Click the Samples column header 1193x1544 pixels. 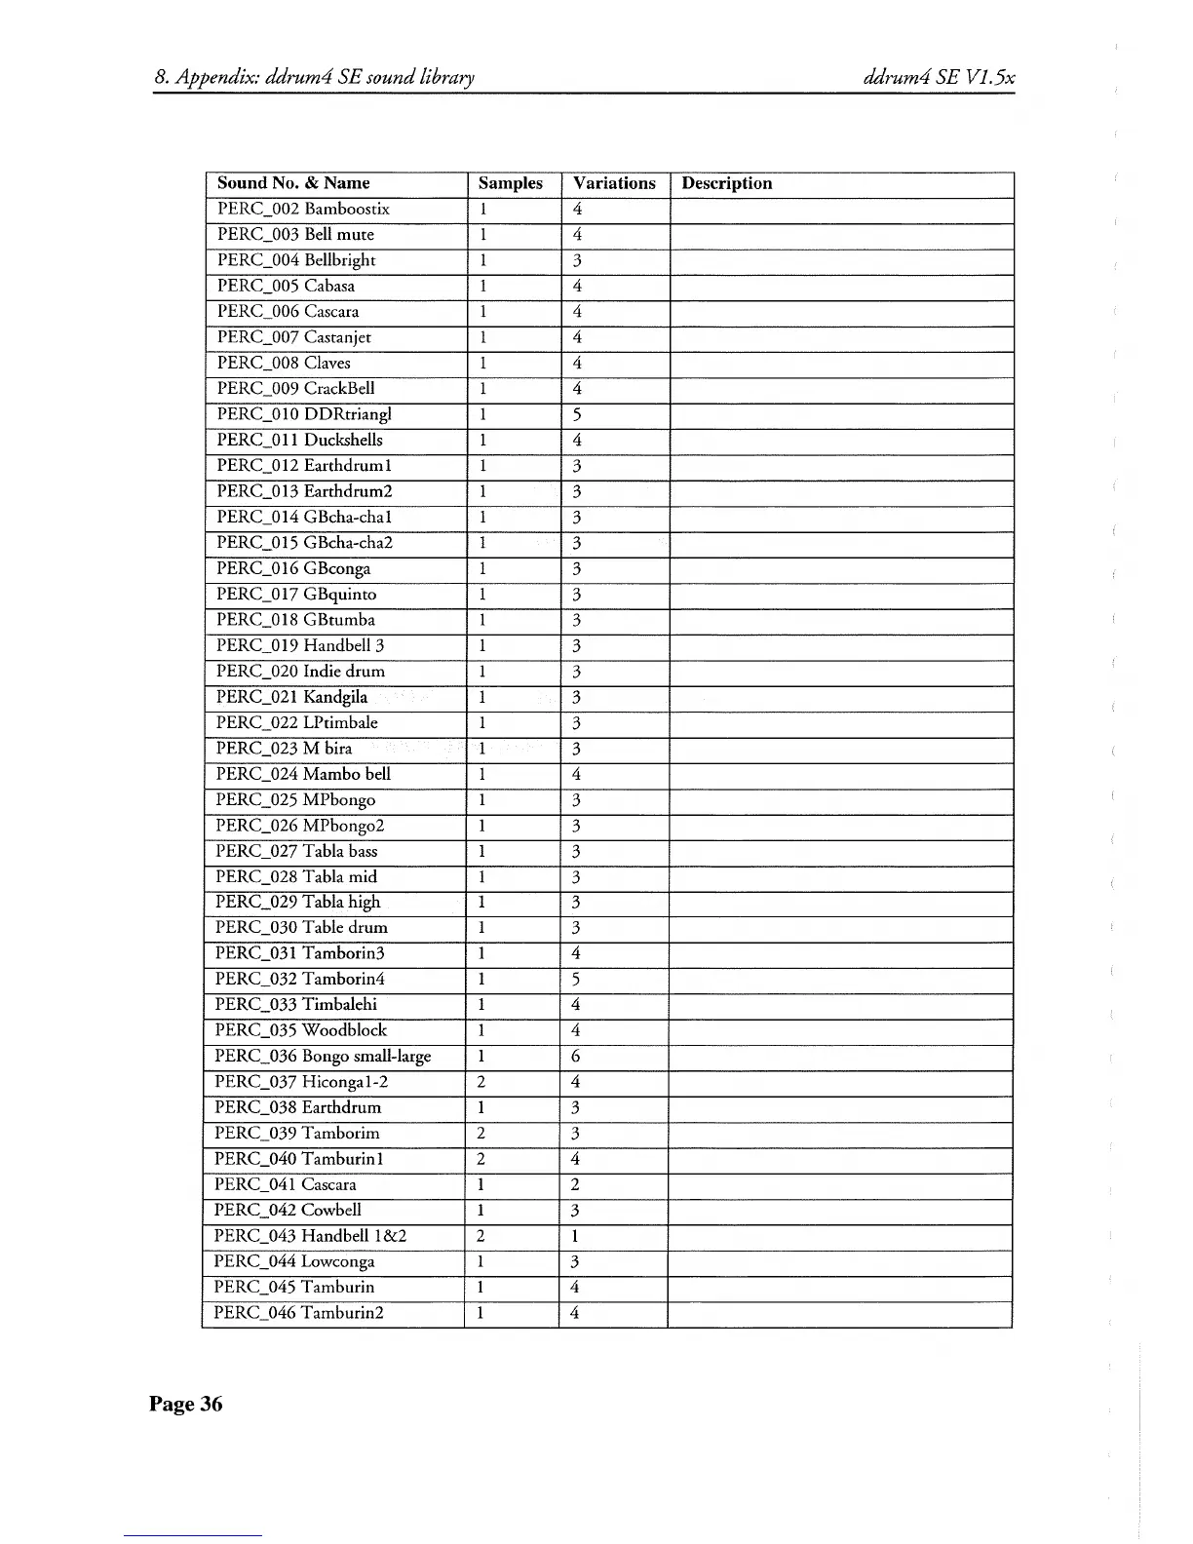tap(510, 183)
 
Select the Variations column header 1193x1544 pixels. tap(614, 183)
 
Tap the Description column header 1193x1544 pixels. tap(726, 183)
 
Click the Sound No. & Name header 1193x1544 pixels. tap(293, 183)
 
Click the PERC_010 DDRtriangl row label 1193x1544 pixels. tap(304, 414)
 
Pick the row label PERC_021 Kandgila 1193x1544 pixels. tap(291, 697)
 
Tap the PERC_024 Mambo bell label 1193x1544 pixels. tap(303, 774)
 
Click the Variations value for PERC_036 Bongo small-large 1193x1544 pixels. tap(576, 1057)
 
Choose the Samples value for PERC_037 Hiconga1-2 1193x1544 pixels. tap(481, 1082)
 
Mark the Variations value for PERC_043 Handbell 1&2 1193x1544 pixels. tap(576, 1236)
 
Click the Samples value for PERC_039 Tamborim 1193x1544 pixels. tap(481, 1134)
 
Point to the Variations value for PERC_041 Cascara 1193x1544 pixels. tap(576, 1185)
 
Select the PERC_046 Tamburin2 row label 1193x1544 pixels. tap(298, 1313)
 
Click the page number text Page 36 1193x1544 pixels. tap(185, 1404)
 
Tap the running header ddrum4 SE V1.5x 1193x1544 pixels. tap(940, 78)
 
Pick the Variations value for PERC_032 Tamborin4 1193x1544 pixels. tap(577, 980)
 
